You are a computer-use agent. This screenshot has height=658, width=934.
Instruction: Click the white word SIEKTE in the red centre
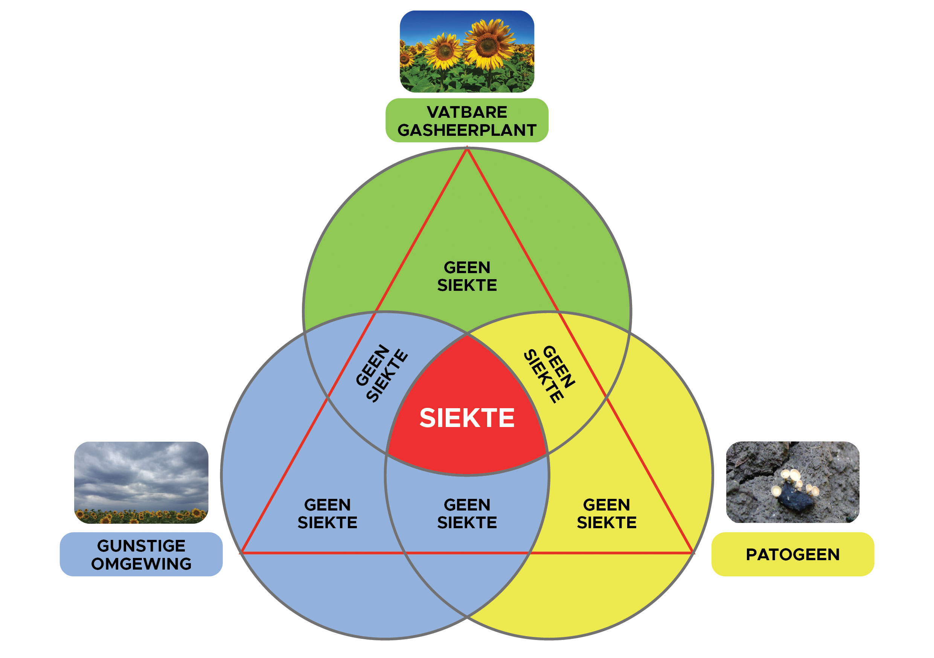[466, 418]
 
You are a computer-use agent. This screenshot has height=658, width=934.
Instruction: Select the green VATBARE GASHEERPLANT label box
[466, 120]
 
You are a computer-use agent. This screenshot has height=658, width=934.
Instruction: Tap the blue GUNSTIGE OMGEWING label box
[141, 555]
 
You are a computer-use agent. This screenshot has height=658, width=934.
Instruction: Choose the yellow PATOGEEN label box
[792, 555]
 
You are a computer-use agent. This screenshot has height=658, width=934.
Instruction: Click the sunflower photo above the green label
[466, 52]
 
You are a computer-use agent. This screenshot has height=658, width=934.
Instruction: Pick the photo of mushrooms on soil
[792, 482]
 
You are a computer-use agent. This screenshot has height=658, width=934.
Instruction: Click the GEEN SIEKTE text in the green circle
[466, 277]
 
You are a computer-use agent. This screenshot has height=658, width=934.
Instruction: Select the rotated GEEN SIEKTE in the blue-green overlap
[381, 373]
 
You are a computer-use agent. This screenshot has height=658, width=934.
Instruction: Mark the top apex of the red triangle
[467, 150]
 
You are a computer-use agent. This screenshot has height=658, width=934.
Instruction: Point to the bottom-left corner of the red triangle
[242, 553]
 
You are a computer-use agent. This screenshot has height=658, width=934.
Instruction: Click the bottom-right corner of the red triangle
[692, 553]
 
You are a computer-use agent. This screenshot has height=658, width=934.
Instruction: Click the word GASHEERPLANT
[466, 130]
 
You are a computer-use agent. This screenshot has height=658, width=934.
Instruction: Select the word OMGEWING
[141, 564]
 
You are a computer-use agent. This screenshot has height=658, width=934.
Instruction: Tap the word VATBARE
[466, 112]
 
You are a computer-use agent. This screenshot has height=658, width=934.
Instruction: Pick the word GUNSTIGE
[141, 546]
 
